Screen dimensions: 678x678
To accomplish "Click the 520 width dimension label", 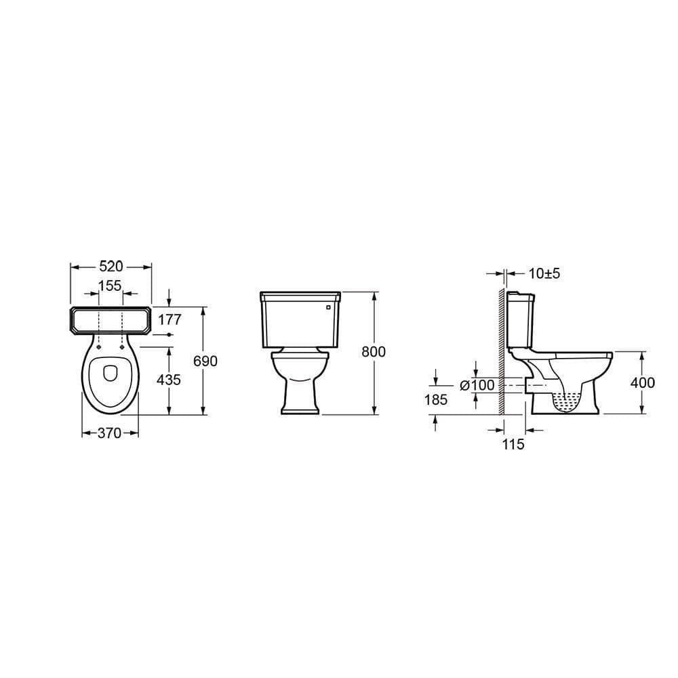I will coord(111,267).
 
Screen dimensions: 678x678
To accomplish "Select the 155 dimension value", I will coord(110,286).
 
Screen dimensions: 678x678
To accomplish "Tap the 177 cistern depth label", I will coord(169,319).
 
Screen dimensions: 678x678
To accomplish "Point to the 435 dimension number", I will coord(169,380).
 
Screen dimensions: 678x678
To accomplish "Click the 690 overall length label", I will coord(205,361).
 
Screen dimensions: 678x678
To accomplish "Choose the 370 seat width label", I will coord(109,433).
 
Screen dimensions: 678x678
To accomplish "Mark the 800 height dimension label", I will coord(373,352).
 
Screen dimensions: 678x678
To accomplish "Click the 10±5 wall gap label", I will coord(544,273).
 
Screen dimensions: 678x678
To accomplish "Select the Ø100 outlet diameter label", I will coord(477,385).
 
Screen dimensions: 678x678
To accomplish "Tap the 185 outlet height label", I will coord(435,400).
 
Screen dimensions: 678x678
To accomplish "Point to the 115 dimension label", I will coord(514,445).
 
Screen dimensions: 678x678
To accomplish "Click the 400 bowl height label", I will coord(642,383).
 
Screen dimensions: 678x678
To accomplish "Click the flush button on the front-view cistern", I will coord(330,307).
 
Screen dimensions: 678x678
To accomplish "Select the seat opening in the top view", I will coord(110,373).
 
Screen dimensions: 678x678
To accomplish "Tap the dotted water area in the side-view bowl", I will coord(568,401).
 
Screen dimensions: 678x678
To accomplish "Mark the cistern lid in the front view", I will coord(300,296).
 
